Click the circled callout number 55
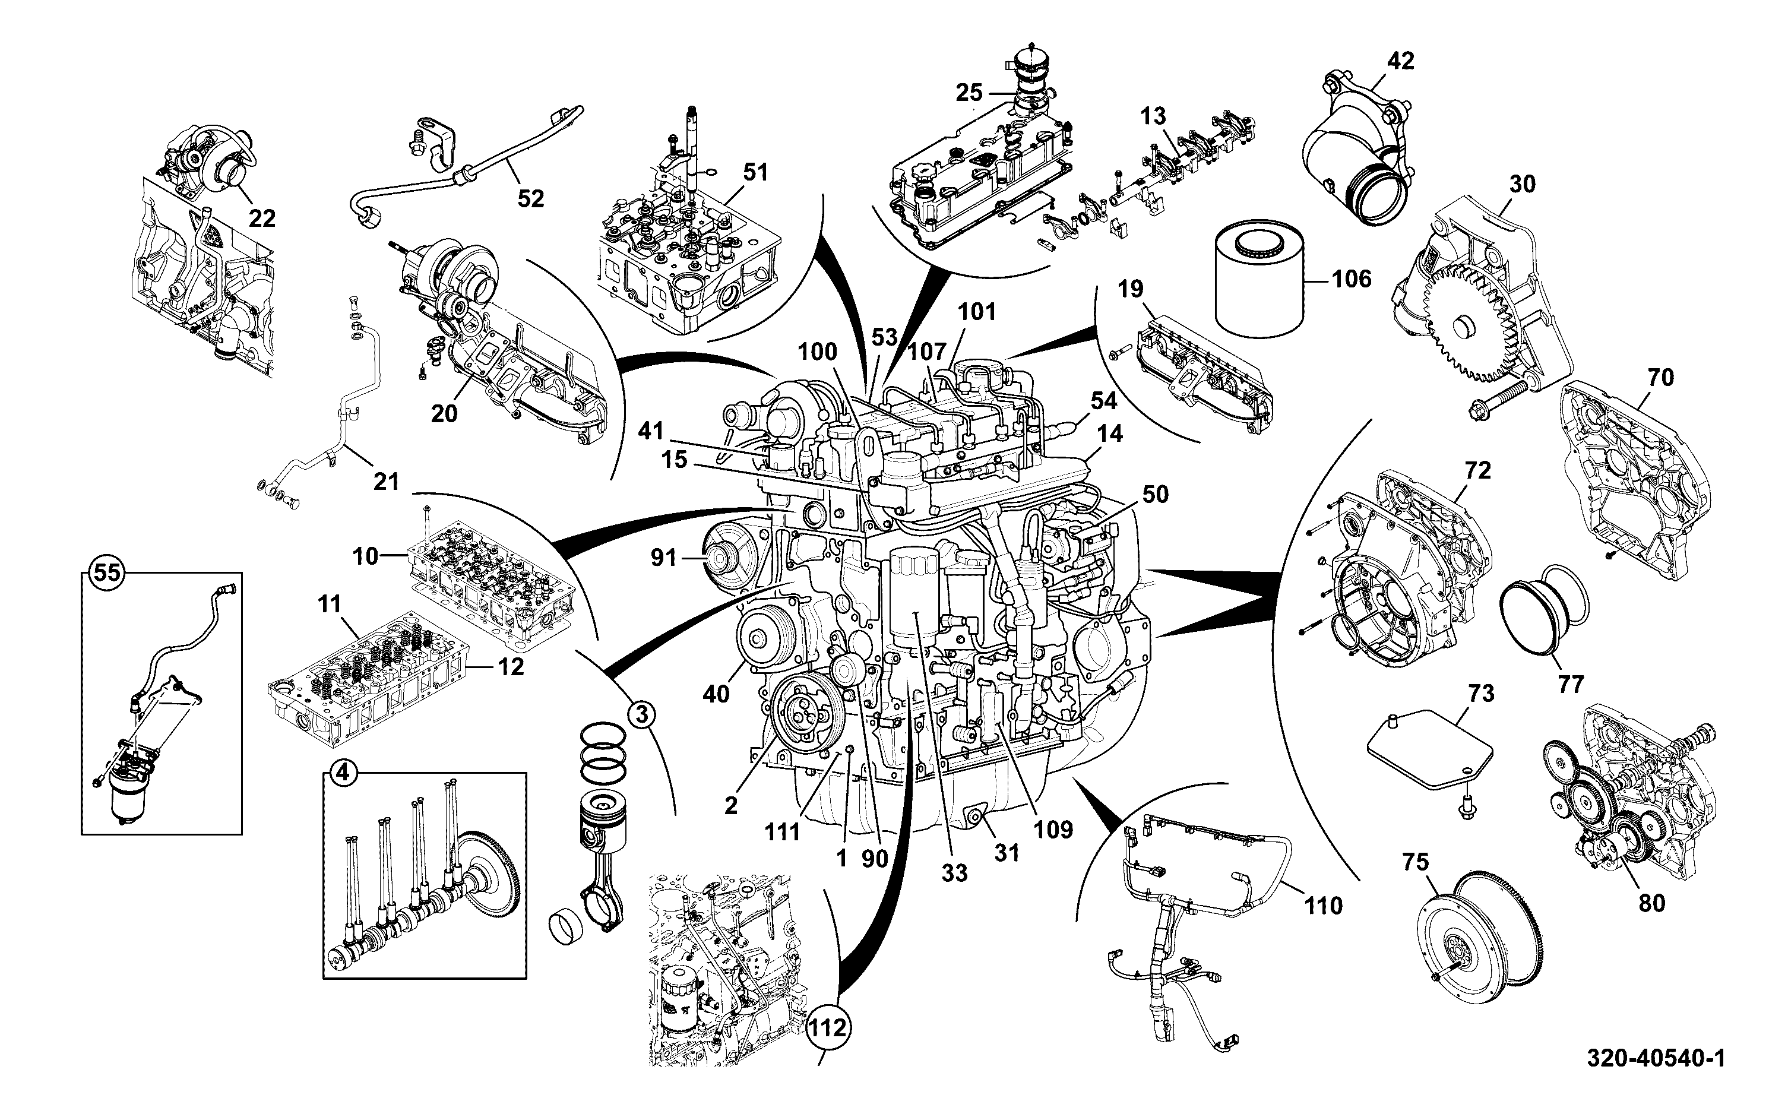[x=107, y=573]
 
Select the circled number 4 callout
[x=343, y=774]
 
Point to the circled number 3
[x=641, y=714]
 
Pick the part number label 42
[x=1400, y=61]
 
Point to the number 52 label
[x=531, y=198]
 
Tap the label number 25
[x=969, y=93]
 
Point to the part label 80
[x=1652, y=903]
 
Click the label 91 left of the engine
[x=663, y=558]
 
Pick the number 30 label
[x=1523, y=185]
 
